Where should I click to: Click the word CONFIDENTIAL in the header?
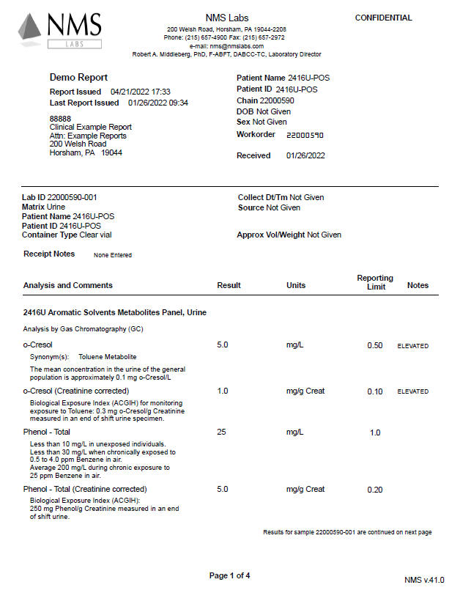tap(383, 18)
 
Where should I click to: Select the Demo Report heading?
tap(78, 77)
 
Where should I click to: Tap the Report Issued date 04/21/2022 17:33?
tap(141, 92)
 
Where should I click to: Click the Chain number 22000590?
tap(278, 100)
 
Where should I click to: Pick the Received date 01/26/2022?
tap(305, 155)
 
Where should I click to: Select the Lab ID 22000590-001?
tap(73, 197)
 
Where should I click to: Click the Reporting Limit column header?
tap(375, 282)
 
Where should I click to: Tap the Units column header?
tap(296, 285)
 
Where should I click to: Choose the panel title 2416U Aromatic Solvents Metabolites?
tap(115, 312)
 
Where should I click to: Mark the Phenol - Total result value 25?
tap(222, 432)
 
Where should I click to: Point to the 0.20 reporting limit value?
tap(375, 490)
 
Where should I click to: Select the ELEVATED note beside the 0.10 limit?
tap(412, 391)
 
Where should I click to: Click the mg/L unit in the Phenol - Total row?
tap(294, 432)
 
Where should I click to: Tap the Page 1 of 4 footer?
tap(230, 575)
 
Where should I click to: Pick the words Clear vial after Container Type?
tap(95, 235)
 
